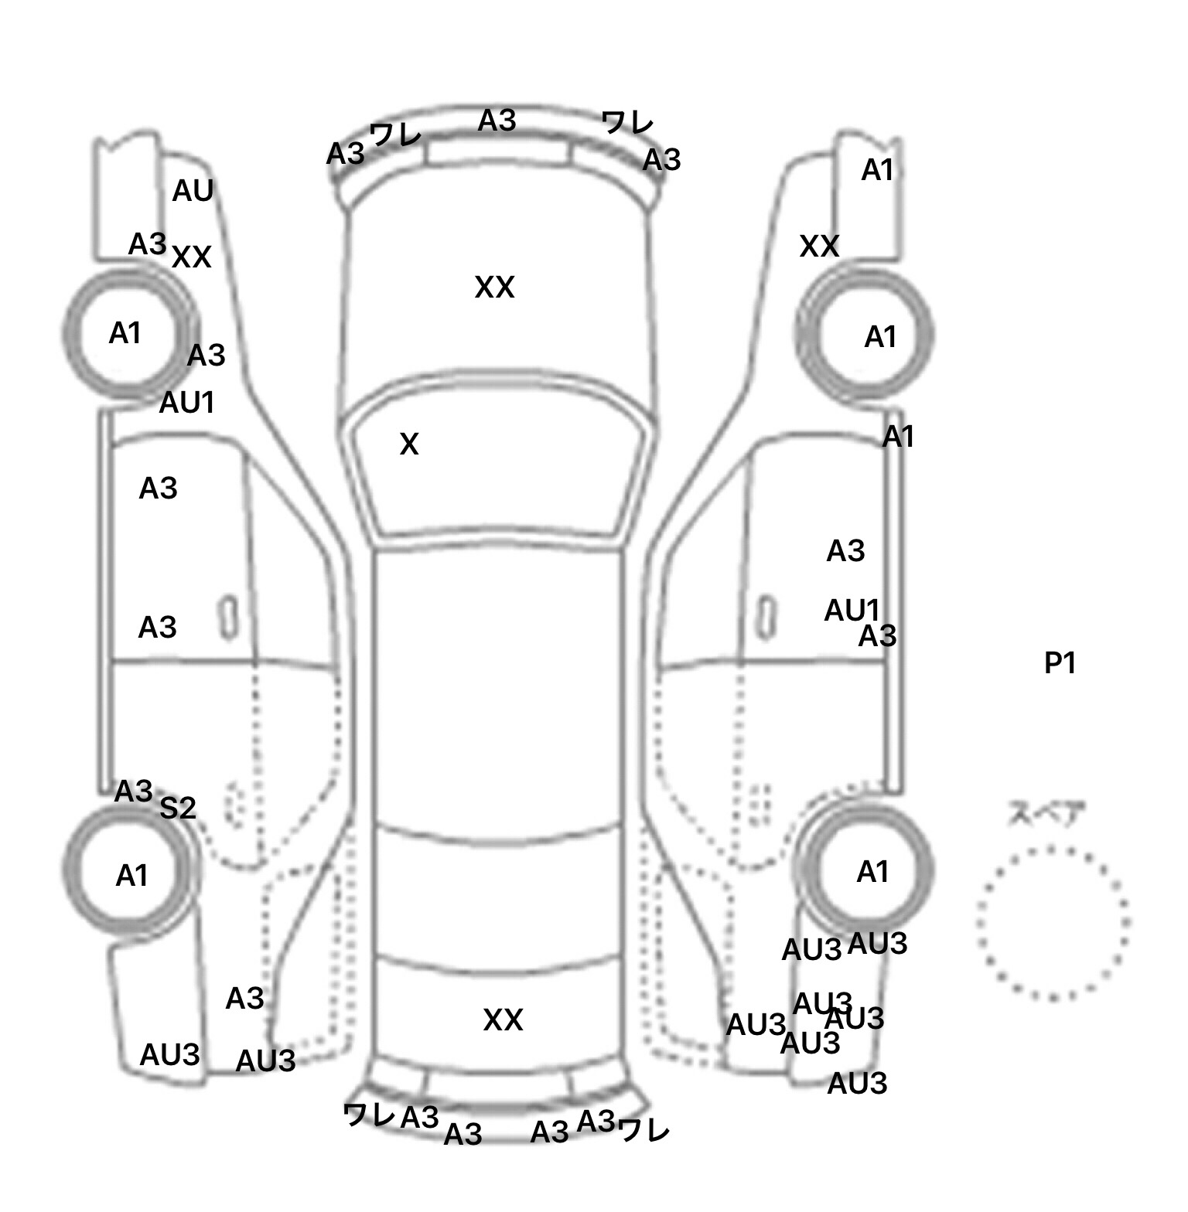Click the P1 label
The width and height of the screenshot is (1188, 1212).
point(1060,663)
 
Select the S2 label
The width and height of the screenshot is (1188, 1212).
point(178,809)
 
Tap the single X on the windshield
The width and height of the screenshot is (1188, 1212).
point(409,444)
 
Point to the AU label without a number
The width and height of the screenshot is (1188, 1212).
point(193,191)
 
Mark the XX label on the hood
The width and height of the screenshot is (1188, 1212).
point(494,288)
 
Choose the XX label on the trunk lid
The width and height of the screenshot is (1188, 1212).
point(503,1020)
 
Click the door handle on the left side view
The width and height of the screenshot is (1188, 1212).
point(228,618)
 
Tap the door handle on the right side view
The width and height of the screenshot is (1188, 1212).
point(766,618)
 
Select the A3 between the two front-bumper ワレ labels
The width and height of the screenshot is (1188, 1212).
point(497,121)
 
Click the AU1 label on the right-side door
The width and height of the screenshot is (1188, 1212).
point(852,611)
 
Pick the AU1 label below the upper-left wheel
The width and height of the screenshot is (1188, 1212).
point(186,403)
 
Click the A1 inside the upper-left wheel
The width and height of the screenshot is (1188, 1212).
point(125,334)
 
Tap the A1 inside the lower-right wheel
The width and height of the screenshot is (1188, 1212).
point(873,873)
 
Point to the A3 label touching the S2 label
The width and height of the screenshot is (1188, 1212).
point(133,792)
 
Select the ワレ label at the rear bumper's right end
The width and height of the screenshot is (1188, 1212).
point(643,1131)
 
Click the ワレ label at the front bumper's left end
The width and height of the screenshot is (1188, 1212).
point(395,135)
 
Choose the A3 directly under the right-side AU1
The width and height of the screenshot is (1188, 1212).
point(878,637)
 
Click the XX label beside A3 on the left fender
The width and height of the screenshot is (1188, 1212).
point(191,257)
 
